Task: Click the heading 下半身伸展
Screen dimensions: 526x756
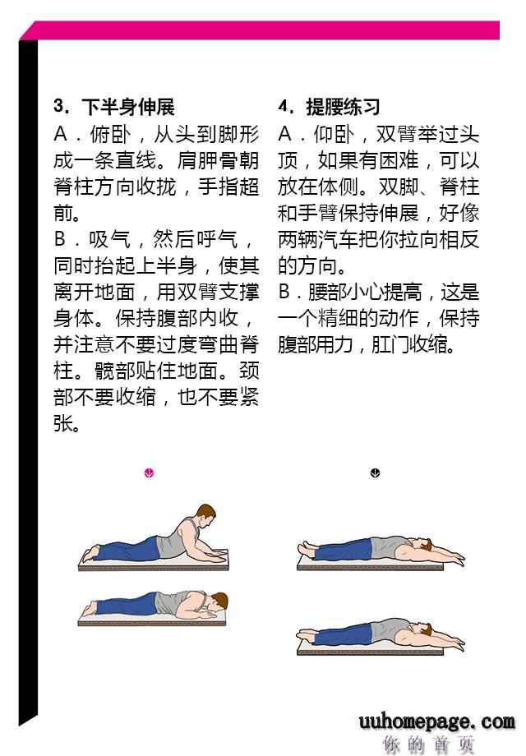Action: click(x=127, y=107)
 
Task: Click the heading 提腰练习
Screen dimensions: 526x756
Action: click(x=344, y=107)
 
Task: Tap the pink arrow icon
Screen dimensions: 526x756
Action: click(x=149, y=473)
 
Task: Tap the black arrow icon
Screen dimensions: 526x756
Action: click(x=375, y=473)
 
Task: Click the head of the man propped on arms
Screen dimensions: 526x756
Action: click(x=205, y=516)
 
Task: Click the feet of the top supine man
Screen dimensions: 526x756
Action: click(x=307, y=549)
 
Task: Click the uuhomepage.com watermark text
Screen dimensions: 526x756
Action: click(x=436, y=721)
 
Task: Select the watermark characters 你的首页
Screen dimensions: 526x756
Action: click(x=429, y=744)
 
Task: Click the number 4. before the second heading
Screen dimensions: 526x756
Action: click(x=285, y=106)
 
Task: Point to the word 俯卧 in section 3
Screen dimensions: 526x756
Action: click(x=110, y=134)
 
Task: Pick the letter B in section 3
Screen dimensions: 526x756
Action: click(x=60, y=238)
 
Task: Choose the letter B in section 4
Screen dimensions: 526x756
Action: click(x=284, y=292)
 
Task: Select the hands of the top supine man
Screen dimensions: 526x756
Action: click(x=455, y=560)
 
